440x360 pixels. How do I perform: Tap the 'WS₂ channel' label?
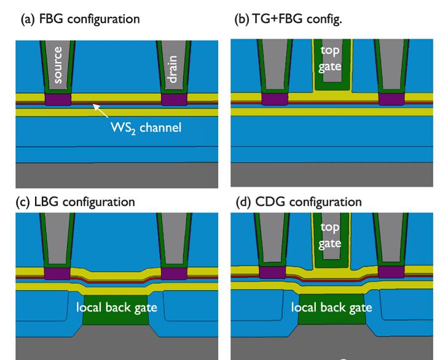pyautogui.click(x=146, y=128)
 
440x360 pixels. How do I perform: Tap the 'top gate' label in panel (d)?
pyautogui.click(x=330, y=234)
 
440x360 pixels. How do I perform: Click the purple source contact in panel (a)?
pyautogui.click(x=58, y=99)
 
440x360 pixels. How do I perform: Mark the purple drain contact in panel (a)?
pyautogui.click(x=174, y=99)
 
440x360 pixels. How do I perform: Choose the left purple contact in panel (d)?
pyautogui.click(x=273, y=273)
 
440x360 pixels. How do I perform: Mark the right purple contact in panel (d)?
pyautogui.click(x=390, y=273)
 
